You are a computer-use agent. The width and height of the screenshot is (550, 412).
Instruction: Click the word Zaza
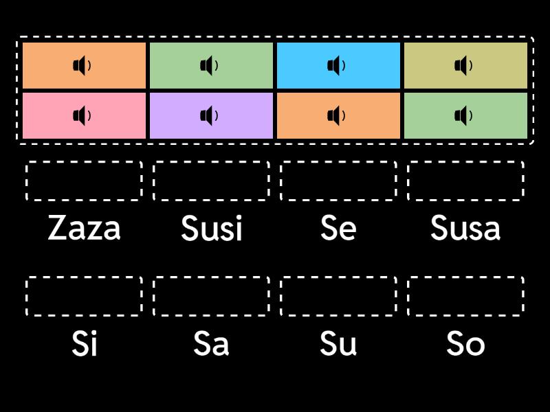click(x=84, y=228)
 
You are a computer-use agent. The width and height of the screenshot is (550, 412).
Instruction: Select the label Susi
click(x=212, y=228)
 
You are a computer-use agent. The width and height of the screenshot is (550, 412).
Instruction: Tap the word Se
click(x=338, y=228)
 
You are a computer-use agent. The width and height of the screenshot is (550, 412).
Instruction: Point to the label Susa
click(x=465, y=228)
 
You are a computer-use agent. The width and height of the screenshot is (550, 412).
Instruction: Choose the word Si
click(x=84, y=343)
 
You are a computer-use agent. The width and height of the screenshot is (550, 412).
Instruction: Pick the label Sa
click(x=212, y=343)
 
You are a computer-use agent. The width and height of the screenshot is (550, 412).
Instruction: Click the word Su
click(x=338, y=343)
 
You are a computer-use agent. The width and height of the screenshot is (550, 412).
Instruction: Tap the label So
click(x=465, y=343)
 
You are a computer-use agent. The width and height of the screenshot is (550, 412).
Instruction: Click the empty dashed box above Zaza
click(x=84, y=162)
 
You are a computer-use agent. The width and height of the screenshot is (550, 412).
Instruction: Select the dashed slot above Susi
click(x=212, y=162)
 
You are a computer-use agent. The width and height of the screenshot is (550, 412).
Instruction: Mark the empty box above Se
click(x=338, y=162)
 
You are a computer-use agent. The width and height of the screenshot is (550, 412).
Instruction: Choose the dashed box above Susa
click(x=465, y=162)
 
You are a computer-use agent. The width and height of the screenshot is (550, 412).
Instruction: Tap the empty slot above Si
click(x=84, y=277)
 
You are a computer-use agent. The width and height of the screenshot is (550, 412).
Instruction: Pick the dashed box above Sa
click(x=212, y=277)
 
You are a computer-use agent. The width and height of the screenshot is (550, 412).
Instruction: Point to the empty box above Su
click(x=338, y=277)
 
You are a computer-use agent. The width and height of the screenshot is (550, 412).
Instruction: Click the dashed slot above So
click(x=465, y=277)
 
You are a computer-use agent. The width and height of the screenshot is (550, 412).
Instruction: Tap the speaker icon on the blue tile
click(x=336, y=65)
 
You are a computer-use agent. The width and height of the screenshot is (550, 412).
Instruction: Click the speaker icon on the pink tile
click(x=82, y=115)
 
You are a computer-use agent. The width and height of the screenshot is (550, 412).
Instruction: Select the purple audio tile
click(x=212, y=115)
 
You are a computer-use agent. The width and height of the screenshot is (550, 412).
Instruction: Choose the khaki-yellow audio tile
click(x=465, y=65)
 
